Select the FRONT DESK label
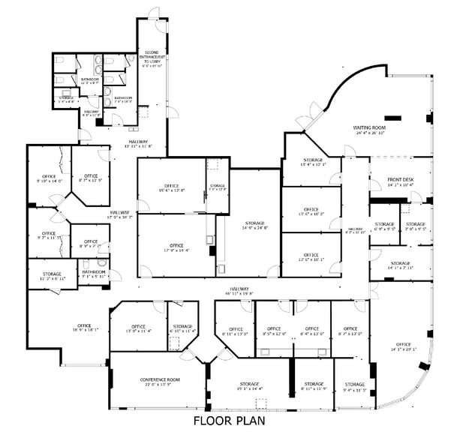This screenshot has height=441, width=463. (x=401, y=181)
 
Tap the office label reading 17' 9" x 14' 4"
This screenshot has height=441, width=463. (x=176, y=248)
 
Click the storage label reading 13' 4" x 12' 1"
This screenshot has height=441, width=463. (x=313, y=162)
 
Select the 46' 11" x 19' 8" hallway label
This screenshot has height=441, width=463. (x=240, y=291)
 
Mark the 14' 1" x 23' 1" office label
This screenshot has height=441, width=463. (x=403, y=347)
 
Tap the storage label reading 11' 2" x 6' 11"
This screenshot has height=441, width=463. (x=52, y=276)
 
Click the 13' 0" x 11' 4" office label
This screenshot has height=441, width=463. (x=138, y=328)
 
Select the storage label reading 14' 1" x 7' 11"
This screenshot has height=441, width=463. (x=400, y=265)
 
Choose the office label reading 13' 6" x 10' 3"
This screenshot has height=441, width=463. (x=311, y=211)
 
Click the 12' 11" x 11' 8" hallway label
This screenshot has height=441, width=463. (x=138, y=144)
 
